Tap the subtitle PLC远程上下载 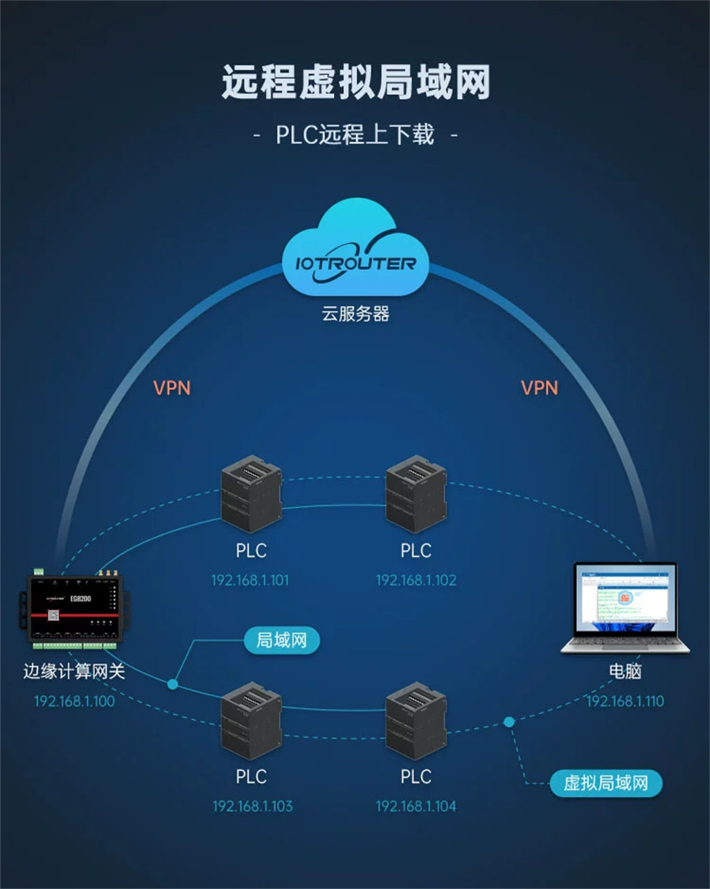355,134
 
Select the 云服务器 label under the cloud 355,314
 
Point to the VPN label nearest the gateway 172,388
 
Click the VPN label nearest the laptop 539,388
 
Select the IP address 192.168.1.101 251,580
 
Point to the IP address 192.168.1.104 416,806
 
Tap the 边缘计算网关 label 73,671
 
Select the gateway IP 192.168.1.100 74,701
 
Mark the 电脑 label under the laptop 625,671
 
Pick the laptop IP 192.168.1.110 625,701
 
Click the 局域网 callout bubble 281,640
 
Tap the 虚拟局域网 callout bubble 605,783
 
